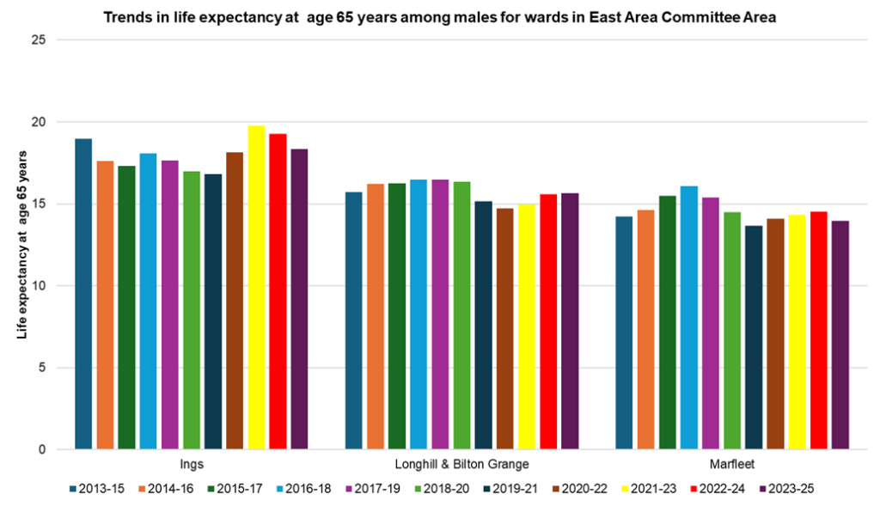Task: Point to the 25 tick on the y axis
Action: click(37, 40)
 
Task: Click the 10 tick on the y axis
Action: click(37, 286)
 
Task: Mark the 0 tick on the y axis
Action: click(40, 449)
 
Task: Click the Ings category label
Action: click(191, 466)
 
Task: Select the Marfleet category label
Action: click(732, 466)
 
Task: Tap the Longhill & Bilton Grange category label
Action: click(461, 466)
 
